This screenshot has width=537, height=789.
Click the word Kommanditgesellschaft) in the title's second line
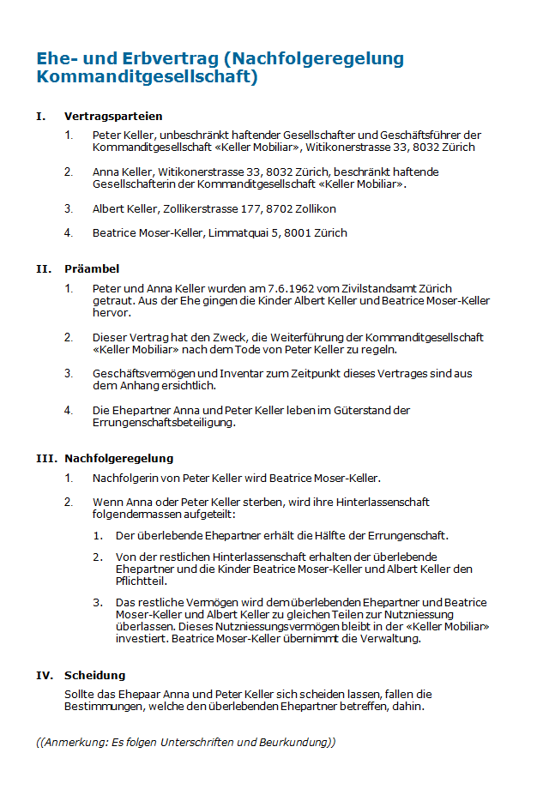(x=146, y=77)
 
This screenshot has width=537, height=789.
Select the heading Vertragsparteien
(x=113, y=117)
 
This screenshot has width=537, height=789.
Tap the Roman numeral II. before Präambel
(x=45, y=269)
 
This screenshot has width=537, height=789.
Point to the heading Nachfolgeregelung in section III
(x=118, y=459)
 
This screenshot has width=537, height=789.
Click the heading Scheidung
(x=94, y=676)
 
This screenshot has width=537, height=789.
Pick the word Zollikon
(x=314, y=209)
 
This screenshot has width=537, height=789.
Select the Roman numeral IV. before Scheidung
(x=45, y=676)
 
